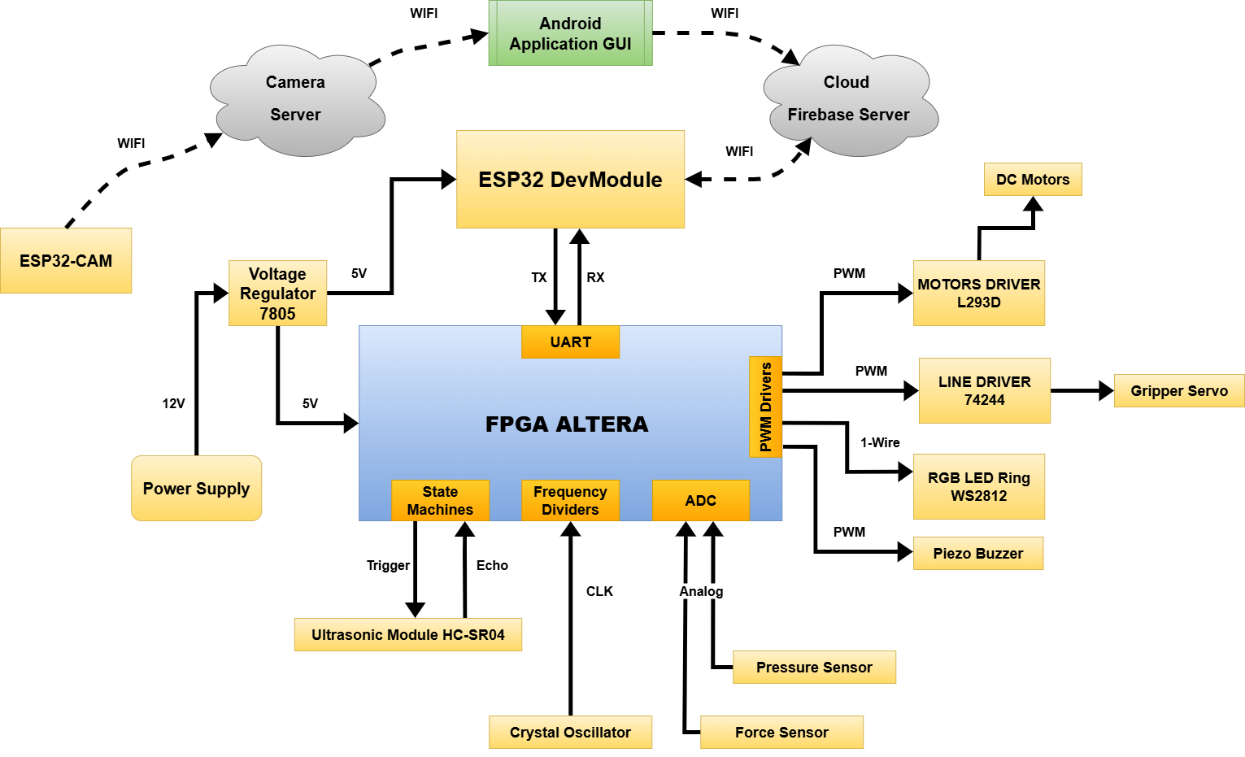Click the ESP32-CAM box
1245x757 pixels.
pyautogui.click(x=66, y=260)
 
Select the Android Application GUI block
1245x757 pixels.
pyautogui.click(x=570, y=33)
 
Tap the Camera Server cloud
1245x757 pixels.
pyautogui.click(x=295, y=99)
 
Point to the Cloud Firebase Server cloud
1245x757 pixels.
pyautogui.click(x=848, y=99)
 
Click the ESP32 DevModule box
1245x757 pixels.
pyautogui.click(x=570, y=179)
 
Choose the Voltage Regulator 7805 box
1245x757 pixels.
pyautogui.click(x=277, y=293)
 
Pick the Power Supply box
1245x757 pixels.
pyautogui.click(x=196, y=488)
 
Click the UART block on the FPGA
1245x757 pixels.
pyautogui.click(x=570, y=342)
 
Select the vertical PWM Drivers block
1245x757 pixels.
pyautogui.click(x=765, y=407)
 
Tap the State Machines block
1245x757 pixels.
pyautogui.click(x=440, y=500)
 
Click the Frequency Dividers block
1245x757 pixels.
pyautogui.click(x=570, y=500)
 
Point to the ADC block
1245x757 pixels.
pyautogui.click(x=700, y=500)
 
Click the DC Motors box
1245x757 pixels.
pyautogui.click(x=1033, y=179)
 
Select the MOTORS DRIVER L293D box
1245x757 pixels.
pyautogui.click(x=978, y=293)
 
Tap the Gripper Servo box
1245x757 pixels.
pyautogui.click(x=1178, y=390)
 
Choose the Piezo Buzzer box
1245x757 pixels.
pyautogui.click(x=977, y=553)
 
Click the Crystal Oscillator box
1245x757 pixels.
pyautogui.click(x=570, y=732)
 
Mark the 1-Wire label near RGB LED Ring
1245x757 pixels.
pyautogui.click(x=880, y=442)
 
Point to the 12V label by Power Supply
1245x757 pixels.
pyautogui.click(x=173, y=403)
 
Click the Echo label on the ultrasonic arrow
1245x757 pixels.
pyautogui.click(x=492, y=565)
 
